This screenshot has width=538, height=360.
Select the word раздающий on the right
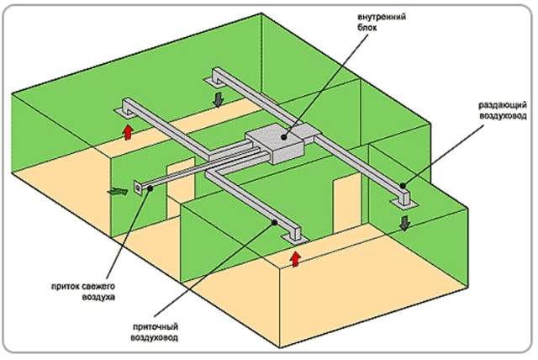click(x=502, y=105)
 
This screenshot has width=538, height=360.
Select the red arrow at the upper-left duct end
click(x=128, y=130)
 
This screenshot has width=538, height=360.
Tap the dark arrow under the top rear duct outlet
click(x=219, y=100)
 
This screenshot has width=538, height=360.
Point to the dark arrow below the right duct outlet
click(x=406, y=223)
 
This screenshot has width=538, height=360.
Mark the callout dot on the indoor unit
click(x=285, y=133)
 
